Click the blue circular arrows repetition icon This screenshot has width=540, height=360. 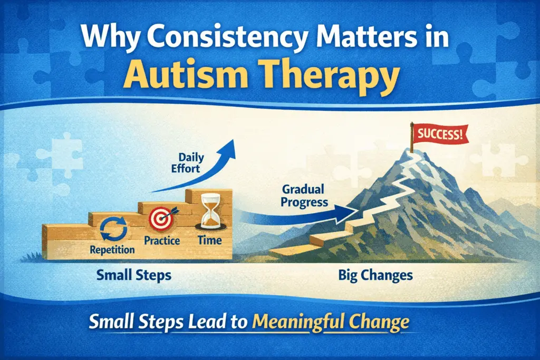[111, 230]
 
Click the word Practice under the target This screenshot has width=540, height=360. [162, 241]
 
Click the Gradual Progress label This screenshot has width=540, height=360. [304, 195]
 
